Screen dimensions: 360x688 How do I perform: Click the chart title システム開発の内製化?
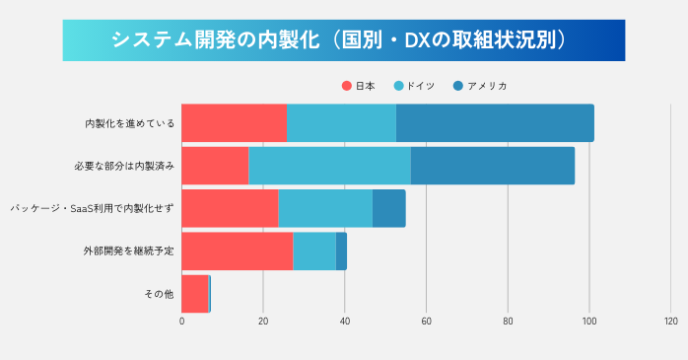[343, 39]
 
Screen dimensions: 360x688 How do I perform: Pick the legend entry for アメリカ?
[482, 86]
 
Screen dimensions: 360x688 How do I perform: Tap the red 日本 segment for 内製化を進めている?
[235, 123]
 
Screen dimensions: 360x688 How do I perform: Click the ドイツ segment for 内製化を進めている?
[341, 123]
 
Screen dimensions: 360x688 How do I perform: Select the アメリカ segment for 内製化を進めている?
[495, 123]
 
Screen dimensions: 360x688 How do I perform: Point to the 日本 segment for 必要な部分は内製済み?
[215, 166]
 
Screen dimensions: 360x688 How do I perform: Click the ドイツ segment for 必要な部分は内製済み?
[329, 166]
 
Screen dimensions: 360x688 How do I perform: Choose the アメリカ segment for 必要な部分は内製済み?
[492, 166]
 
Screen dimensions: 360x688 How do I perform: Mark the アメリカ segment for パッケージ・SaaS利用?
[388, 208]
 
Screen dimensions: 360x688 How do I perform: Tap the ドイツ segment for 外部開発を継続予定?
[314, 251]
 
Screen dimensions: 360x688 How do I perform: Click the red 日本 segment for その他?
[195, 293]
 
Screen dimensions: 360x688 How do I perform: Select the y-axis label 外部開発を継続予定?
[129, 251]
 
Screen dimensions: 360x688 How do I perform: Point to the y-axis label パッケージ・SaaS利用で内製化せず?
[92, 208]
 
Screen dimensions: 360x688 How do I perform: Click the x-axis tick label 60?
[426, 321]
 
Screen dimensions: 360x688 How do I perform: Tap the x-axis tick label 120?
[670, 321]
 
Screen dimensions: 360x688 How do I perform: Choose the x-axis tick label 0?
[182, 321]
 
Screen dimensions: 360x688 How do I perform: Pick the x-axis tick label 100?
[588, 321]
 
